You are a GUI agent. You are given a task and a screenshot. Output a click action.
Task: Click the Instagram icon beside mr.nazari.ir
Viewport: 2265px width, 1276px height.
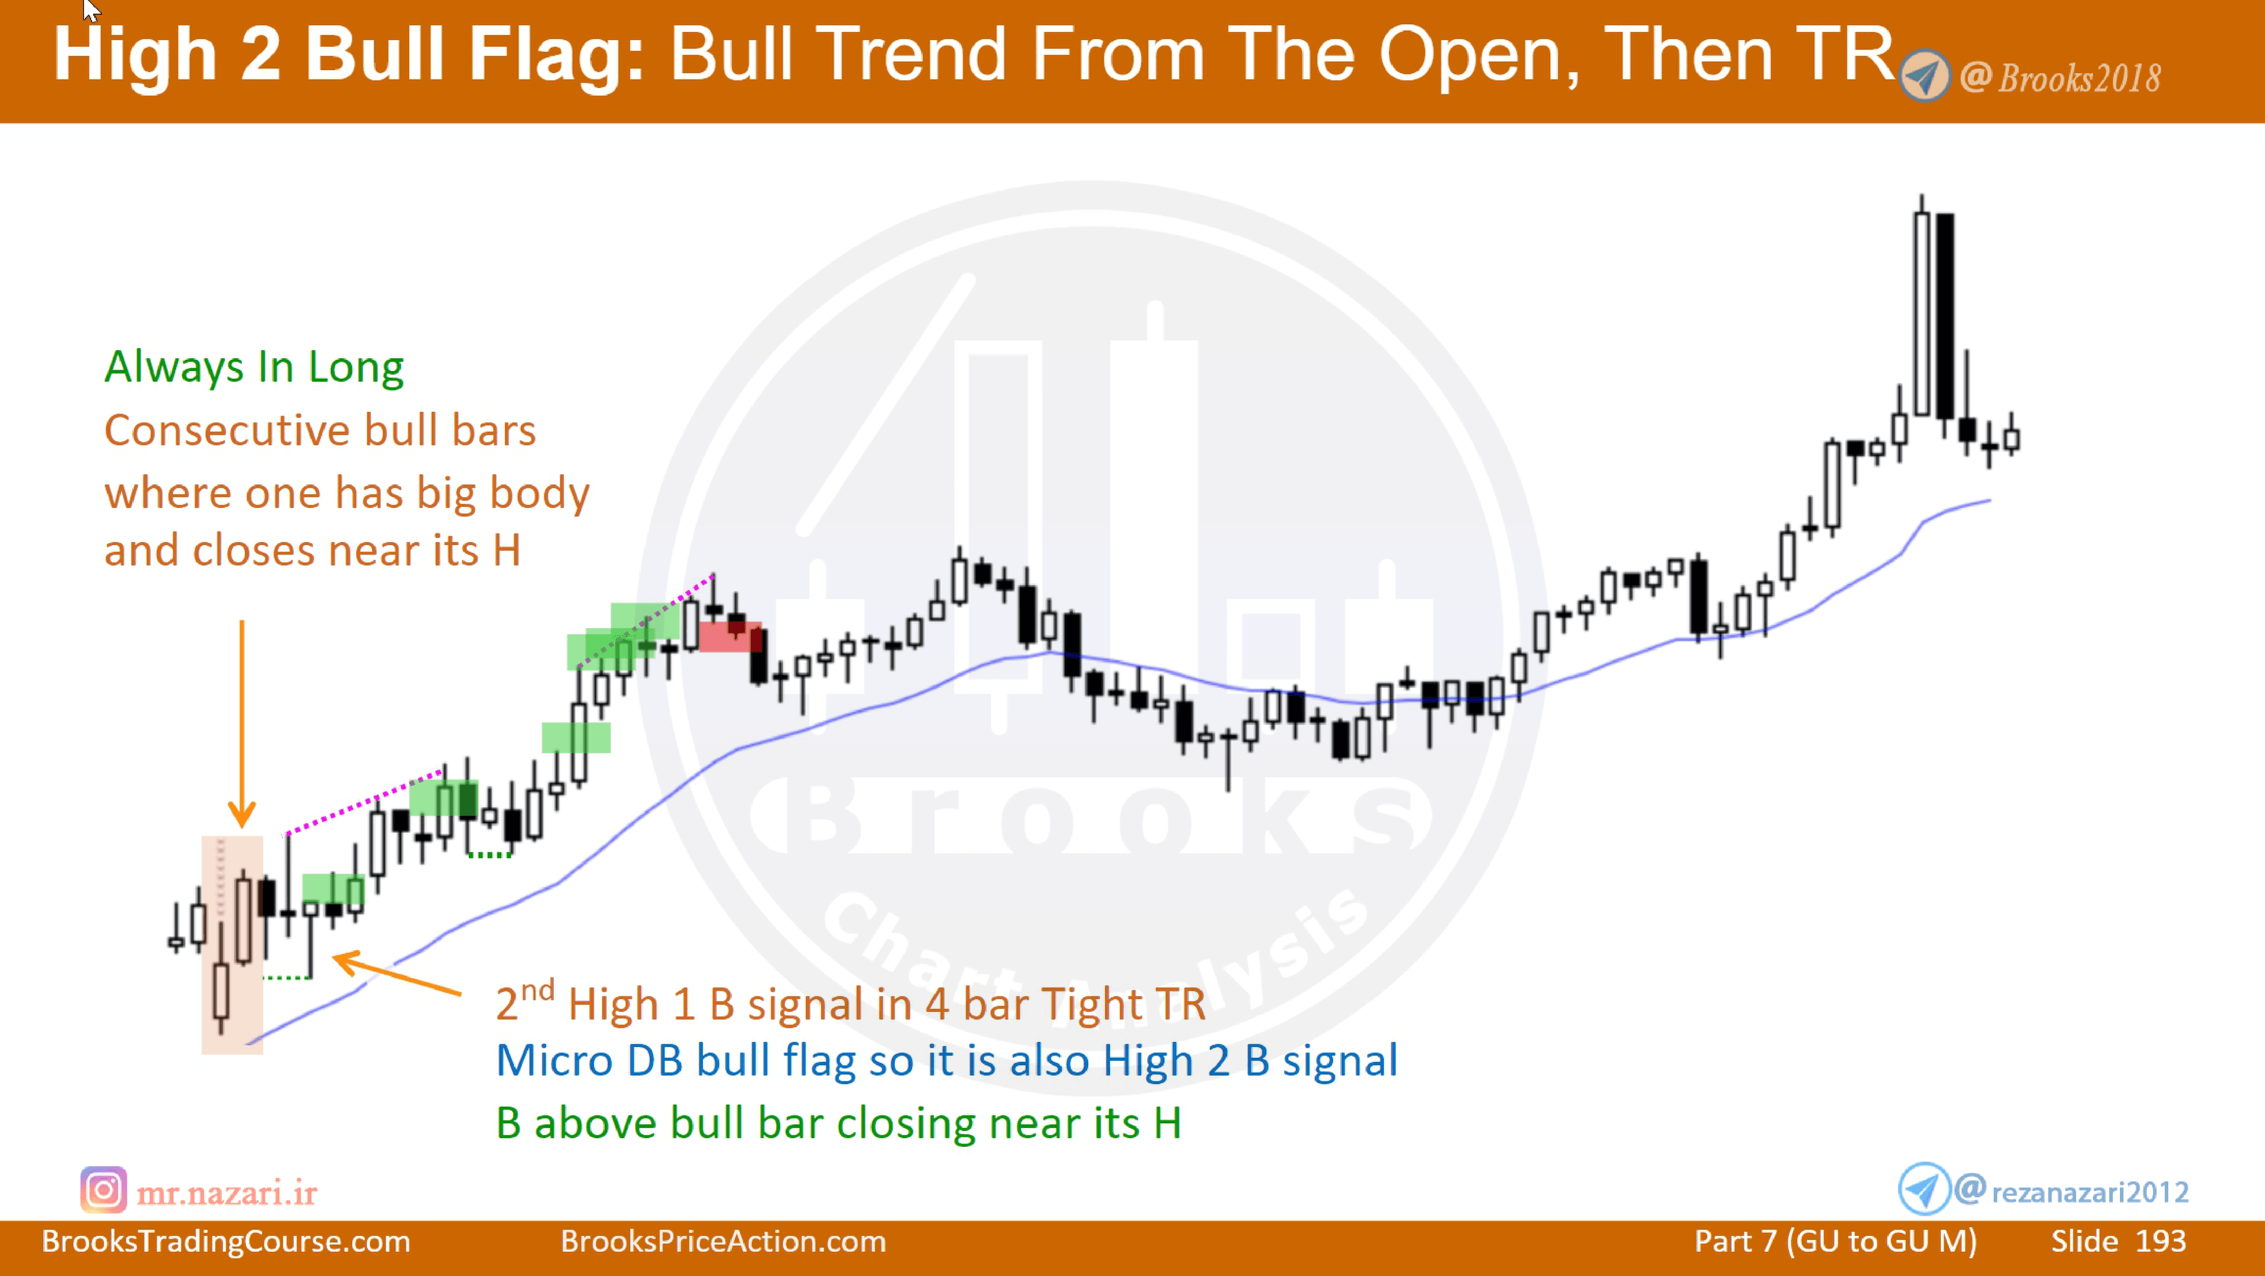(103, 1190)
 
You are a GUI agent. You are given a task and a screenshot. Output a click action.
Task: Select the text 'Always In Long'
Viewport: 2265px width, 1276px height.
(254, 368)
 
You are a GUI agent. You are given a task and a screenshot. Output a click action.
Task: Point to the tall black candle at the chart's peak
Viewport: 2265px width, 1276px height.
(1945, 317)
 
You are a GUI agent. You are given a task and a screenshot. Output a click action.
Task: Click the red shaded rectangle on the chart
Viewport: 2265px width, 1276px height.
(730, 637)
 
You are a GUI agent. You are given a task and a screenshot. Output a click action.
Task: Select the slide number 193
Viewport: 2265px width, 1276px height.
(2161, 1241)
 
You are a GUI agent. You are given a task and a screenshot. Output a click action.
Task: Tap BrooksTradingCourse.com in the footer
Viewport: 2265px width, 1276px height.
(226, 1241)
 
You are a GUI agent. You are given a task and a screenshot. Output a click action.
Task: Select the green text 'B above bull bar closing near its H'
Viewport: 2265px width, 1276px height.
(838, 1124)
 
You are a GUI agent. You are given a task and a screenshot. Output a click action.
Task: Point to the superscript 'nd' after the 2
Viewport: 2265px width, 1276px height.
(537, 991)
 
